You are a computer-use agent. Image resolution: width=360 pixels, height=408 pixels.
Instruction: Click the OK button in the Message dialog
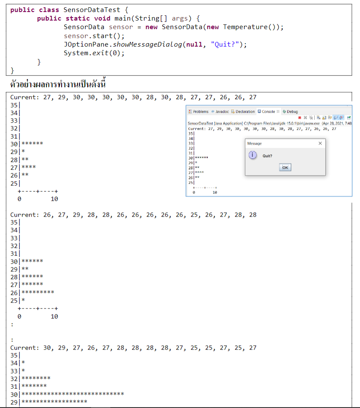point(285,167)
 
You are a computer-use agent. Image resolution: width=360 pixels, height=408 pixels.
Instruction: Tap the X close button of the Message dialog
point(320,144)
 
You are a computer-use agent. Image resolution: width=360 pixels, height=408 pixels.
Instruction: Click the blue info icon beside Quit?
point(253,155)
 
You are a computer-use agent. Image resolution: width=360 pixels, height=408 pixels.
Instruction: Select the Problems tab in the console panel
point(199,112)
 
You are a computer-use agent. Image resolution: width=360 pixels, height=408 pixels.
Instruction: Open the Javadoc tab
point(220,112)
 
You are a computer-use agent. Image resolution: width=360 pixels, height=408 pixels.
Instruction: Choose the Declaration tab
point(243,112)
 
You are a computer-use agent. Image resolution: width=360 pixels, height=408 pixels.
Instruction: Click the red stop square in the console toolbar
point(300,117)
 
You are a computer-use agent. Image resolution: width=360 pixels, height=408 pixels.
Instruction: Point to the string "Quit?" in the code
point(227,44)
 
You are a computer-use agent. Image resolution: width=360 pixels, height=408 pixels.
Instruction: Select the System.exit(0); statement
point(94,53)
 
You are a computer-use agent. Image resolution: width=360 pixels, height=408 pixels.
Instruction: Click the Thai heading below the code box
point(58,84)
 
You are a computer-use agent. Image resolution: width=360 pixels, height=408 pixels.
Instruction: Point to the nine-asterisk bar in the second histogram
point(38,293)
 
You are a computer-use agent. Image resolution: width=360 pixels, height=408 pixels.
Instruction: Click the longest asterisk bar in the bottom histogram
point(73,394)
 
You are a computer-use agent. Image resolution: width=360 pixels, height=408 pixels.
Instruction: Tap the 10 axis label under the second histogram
point(54,317)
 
